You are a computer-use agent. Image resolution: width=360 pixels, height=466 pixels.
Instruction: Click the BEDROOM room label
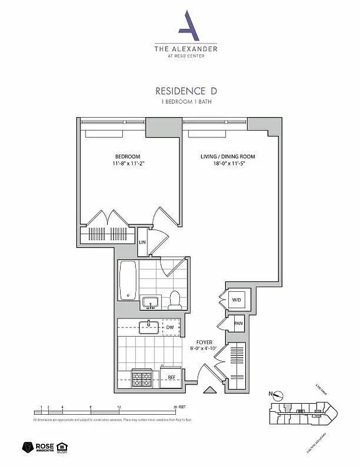(x=127, y=157)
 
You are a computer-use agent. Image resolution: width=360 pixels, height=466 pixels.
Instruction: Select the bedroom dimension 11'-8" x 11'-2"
(x=127, y=164)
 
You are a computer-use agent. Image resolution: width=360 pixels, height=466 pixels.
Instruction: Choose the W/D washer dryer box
(x=236, y=301)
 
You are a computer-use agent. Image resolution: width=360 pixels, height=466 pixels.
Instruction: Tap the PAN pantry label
(x=238, y=323)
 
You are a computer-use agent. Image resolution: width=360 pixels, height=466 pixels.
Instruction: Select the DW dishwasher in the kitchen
(x=170, y=327)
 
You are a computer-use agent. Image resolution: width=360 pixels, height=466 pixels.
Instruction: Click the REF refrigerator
(x=171, y=377)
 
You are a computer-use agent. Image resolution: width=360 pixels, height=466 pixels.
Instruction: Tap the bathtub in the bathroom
(x=128, y=280)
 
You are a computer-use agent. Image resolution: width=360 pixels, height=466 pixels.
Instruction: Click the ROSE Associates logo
(x=40, y=447)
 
